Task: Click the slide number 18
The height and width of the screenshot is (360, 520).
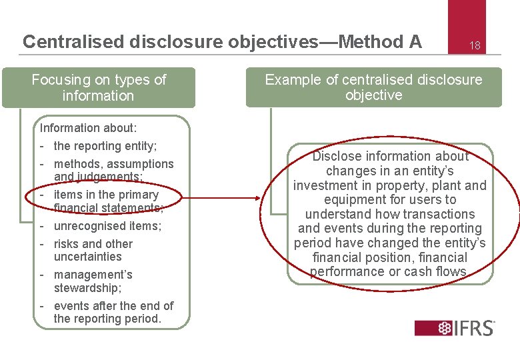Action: (x=475, y=46)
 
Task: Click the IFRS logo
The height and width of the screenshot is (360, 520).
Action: (x=455, y=327)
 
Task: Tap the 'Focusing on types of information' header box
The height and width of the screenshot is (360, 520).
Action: (x=99, y=87)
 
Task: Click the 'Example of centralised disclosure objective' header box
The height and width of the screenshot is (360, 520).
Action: (x=373, y=87)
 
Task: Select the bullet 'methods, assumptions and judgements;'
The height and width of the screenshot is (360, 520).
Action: (x=113, y=170)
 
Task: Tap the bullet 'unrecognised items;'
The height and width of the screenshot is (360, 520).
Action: (x=107, y=226)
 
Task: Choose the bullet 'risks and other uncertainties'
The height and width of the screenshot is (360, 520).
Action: (x=93, y=250)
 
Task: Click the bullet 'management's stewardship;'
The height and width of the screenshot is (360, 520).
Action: (x=93, y=281)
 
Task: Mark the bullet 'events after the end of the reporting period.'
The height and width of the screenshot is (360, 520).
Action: (x=113, y=312)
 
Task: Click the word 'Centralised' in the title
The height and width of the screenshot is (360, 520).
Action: (x=69, y=42)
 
